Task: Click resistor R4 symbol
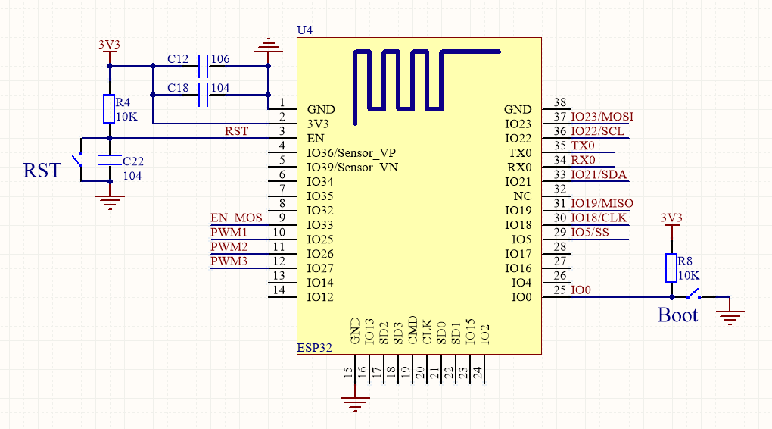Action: [x=109, y=108]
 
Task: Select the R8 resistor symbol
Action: [x=671, y=268]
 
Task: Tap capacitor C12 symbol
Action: [x=202, y=66]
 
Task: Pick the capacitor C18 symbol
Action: [x=202, y=95]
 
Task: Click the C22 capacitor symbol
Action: [x=110, y=161]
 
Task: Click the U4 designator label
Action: [x=304, y=30]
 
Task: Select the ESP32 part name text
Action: [x=315, y=349]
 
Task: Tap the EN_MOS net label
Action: [x=236, y=218]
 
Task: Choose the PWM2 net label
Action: [x=229, y=247]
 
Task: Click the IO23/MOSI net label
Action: [x=602, y=117]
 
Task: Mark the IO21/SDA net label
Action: [x=599, y=175]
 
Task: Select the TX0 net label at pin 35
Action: [x=583, y=146]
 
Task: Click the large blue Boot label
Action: [x=677, y=315]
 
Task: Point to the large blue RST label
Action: [x=42, y=171]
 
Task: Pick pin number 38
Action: [x=560, y=102]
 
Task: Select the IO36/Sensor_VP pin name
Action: [x=351, y=153]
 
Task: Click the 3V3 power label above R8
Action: [x=671, y=218]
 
